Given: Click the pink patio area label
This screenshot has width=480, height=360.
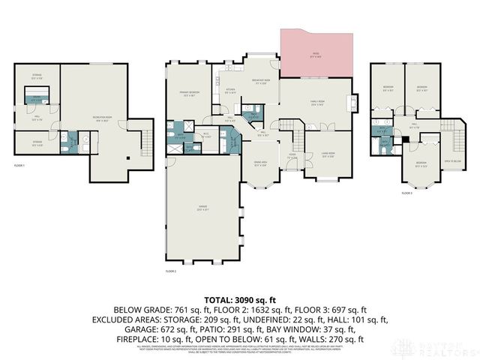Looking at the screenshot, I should (x=316, y=55).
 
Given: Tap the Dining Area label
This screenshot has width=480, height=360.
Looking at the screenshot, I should (x=261, y=164).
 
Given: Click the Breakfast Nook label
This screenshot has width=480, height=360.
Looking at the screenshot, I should (x=261, y=82).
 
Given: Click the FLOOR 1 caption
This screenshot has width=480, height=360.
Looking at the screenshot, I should (x=19, y=165).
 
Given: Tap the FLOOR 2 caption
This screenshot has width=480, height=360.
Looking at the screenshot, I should (x=171, y=271).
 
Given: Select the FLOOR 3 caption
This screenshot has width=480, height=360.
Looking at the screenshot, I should (x=406, y=193).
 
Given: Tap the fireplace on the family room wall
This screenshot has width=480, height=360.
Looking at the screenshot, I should (x=353, y=101).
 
